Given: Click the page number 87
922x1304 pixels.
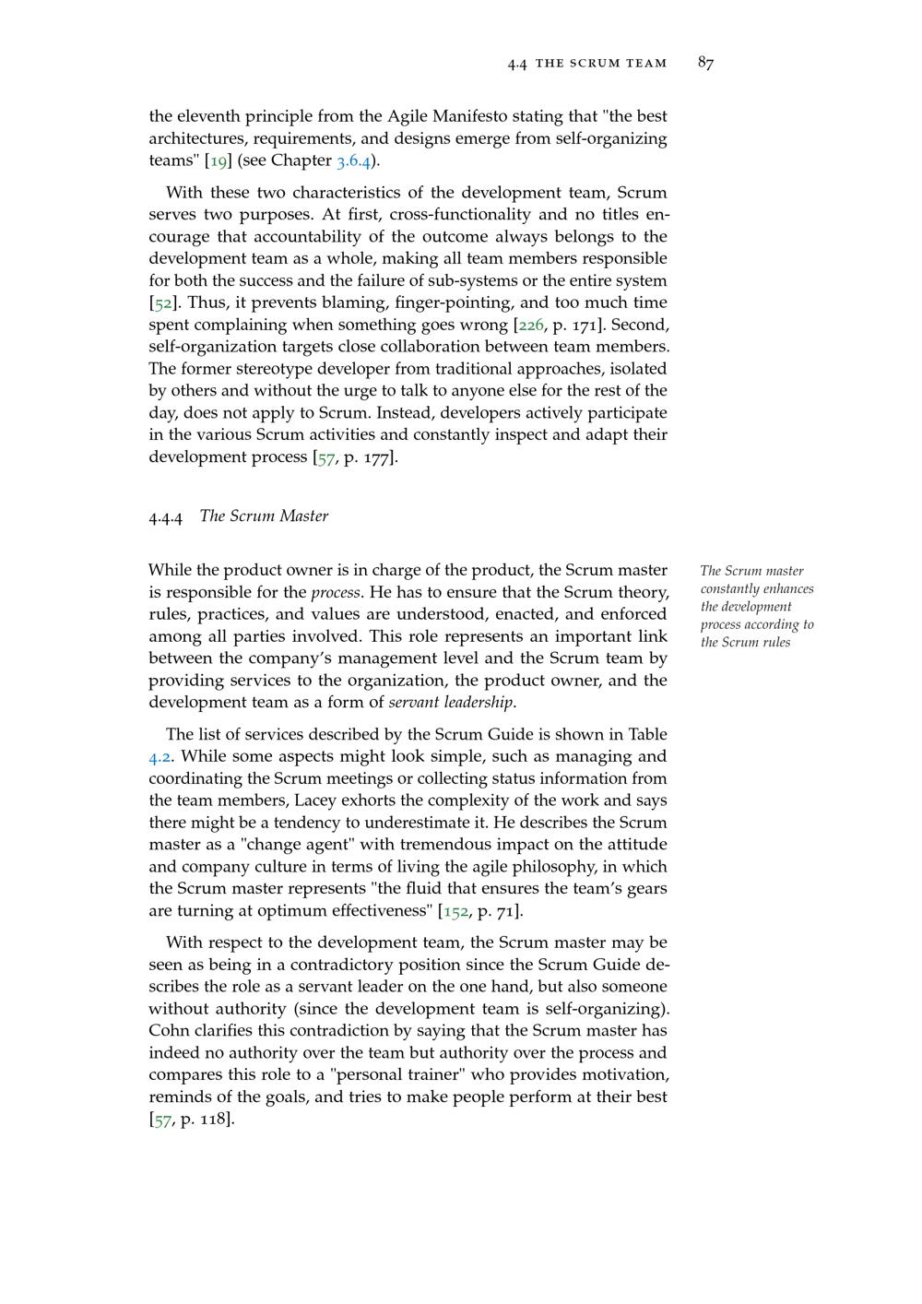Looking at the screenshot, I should [x=705, y=63].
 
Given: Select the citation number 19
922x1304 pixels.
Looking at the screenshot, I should [x=219, y=160].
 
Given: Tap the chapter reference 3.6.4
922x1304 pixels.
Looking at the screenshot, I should [x=353, y=160].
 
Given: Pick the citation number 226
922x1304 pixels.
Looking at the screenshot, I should [x=531, y=325].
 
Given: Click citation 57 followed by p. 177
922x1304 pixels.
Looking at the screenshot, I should [x=325, y=457].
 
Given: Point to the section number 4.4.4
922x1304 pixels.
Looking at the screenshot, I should [x=166, y=516].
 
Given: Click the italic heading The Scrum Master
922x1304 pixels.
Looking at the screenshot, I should [x=264, y=516].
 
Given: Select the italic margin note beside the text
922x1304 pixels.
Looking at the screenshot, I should [x=756, y=606].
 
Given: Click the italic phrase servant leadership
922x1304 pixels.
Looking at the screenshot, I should [x=451, y=703].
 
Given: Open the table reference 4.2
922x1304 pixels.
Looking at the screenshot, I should [x=160, y=757].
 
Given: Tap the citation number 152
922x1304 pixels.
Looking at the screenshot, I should [x=455, y=911].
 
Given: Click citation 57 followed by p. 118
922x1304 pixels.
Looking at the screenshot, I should [x=162, y=1120].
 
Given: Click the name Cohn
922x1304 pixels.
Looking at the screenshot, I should [x=170, y=1031].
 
